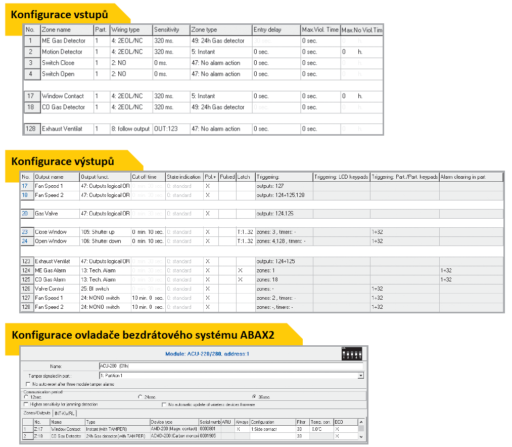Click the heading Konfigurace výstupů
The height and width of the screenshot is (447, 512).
point(62,161)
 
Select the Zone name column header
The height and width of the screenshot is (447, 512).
point(56,30)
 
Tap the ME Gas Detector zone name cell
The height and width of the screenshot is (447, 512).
point(64,41)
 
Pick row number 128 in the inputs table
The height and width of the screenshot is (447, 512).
point(30,129)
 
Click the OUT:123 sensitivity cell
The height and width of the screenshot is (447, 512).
point(167,129)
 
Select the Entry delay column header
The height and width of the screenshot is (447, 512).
point(267,30)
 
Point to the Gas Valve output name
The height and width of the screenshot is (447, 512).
point(46,214)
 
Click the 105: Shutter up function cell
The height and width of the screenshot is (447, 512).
point(98,232)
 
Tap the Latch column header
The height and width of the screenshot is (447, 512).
point(244,177)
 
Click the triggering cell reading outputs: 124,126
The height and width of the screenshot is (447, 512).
point(275,214)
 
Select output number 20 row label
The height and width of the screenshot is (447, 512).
point(25,214)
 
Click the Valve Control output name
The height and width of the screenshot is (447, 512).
point(50,289)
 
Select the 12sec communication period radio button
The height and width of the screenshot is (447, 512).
point(26,397)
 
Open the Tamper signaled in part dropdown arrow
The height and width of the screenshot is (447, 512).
point(361,376)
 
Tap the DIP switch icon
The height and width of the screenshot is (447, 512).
point(352,353)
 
